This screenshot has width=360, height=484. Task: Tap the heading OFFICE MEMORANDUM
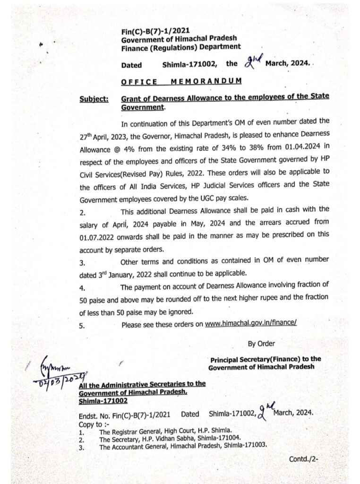point(181,81)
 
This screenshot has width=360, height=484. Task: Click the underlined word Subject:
point(94,99)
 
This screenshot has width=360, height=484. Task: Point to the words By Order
point(261,344)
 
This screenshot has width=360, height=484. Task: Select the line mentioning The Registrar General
point(165,431)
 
